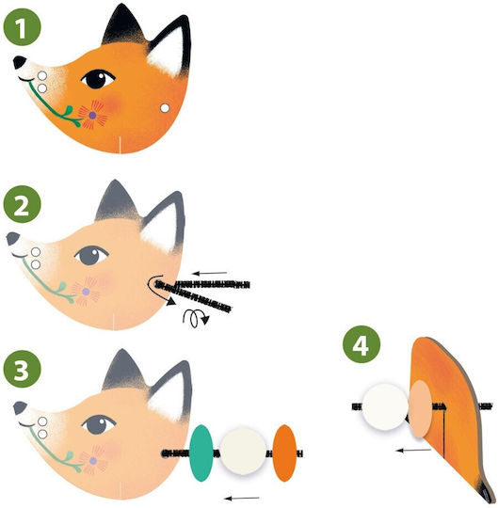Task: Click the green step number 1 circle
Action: pos(22,27)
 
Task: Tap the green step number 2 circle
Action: pos(22,204)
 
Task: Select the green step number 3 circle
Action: pos(22,369)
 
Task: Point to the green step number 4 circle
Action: pos(361,344)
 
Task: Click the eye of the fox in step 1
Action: pos(98,79)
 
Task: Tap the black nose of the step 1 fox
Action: pos(20,62)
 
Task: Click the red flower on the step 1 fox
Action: pos(92,115)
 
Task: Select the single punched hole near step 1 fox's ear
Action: pos(165,108)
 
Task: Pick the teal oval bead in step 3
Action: pos(201,452)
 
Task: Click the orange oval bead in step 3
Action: pos(284,452)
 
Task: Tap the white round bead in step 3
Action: pos(243,452)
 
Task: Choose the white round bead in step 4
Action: pos(385,406)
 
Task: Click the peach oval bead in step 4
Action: pos(420,409)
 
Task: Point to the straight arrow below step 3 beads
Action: pos(242,498)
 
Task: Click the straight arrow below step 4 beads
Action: pos(413,450)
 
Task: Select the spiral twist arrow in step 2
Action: pos(195,318)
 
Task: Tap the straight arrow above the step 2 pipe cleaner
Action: pos(210,273)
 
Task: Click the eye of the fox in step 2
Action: pos(91,255)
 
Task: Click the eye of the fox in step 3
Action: pos(99,424)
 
